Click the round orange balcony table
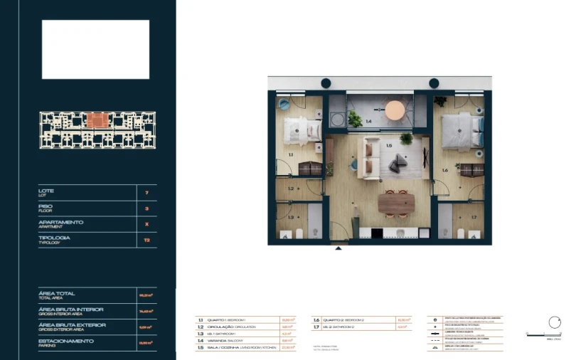[x=395, y=110]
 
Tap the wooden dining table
[x=397, y=203]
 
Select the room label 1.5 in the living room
[x=389, y=146]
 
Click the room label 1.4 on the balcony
[x=368, y=122]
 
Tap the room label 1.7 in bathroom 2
[x=474, y=217]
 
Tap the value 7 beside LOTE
[x=146, y=193]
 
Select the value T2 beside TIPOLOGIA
[x=146, y=240]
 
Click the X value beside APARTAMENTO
[x=146, y=224]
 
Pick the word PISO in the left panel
[x=45, y=206]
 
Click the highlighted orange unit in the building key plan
[x=97, y=120]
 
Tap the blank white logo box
[x=95, y=49]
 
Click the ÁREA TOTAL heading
[x=56, y=293]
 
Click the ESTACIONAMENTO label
[x=65, y=341]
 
